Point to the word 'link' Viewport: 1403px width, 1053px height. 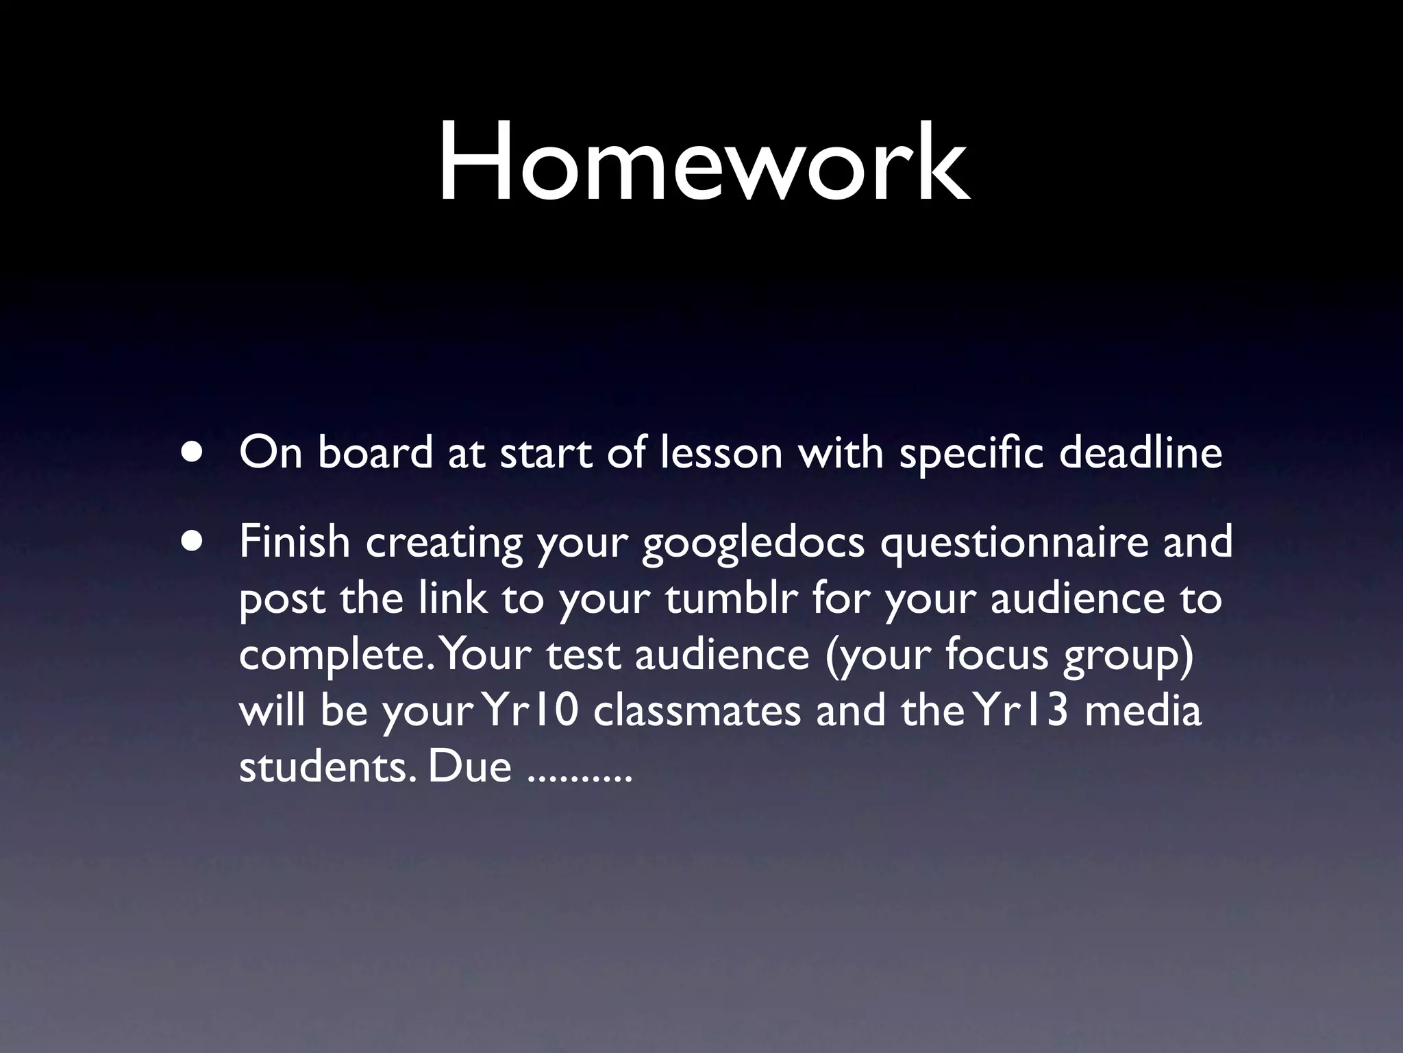pos(453,598)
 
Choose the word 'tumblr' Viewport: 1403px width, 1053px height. pos(731,598)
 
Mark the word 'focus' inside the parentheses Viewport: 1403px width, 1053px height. pos(997,655)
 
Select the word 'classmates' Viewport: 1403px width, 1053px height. pos(697,711)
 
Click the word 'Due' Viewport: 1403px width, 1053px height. pos(469,767)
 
